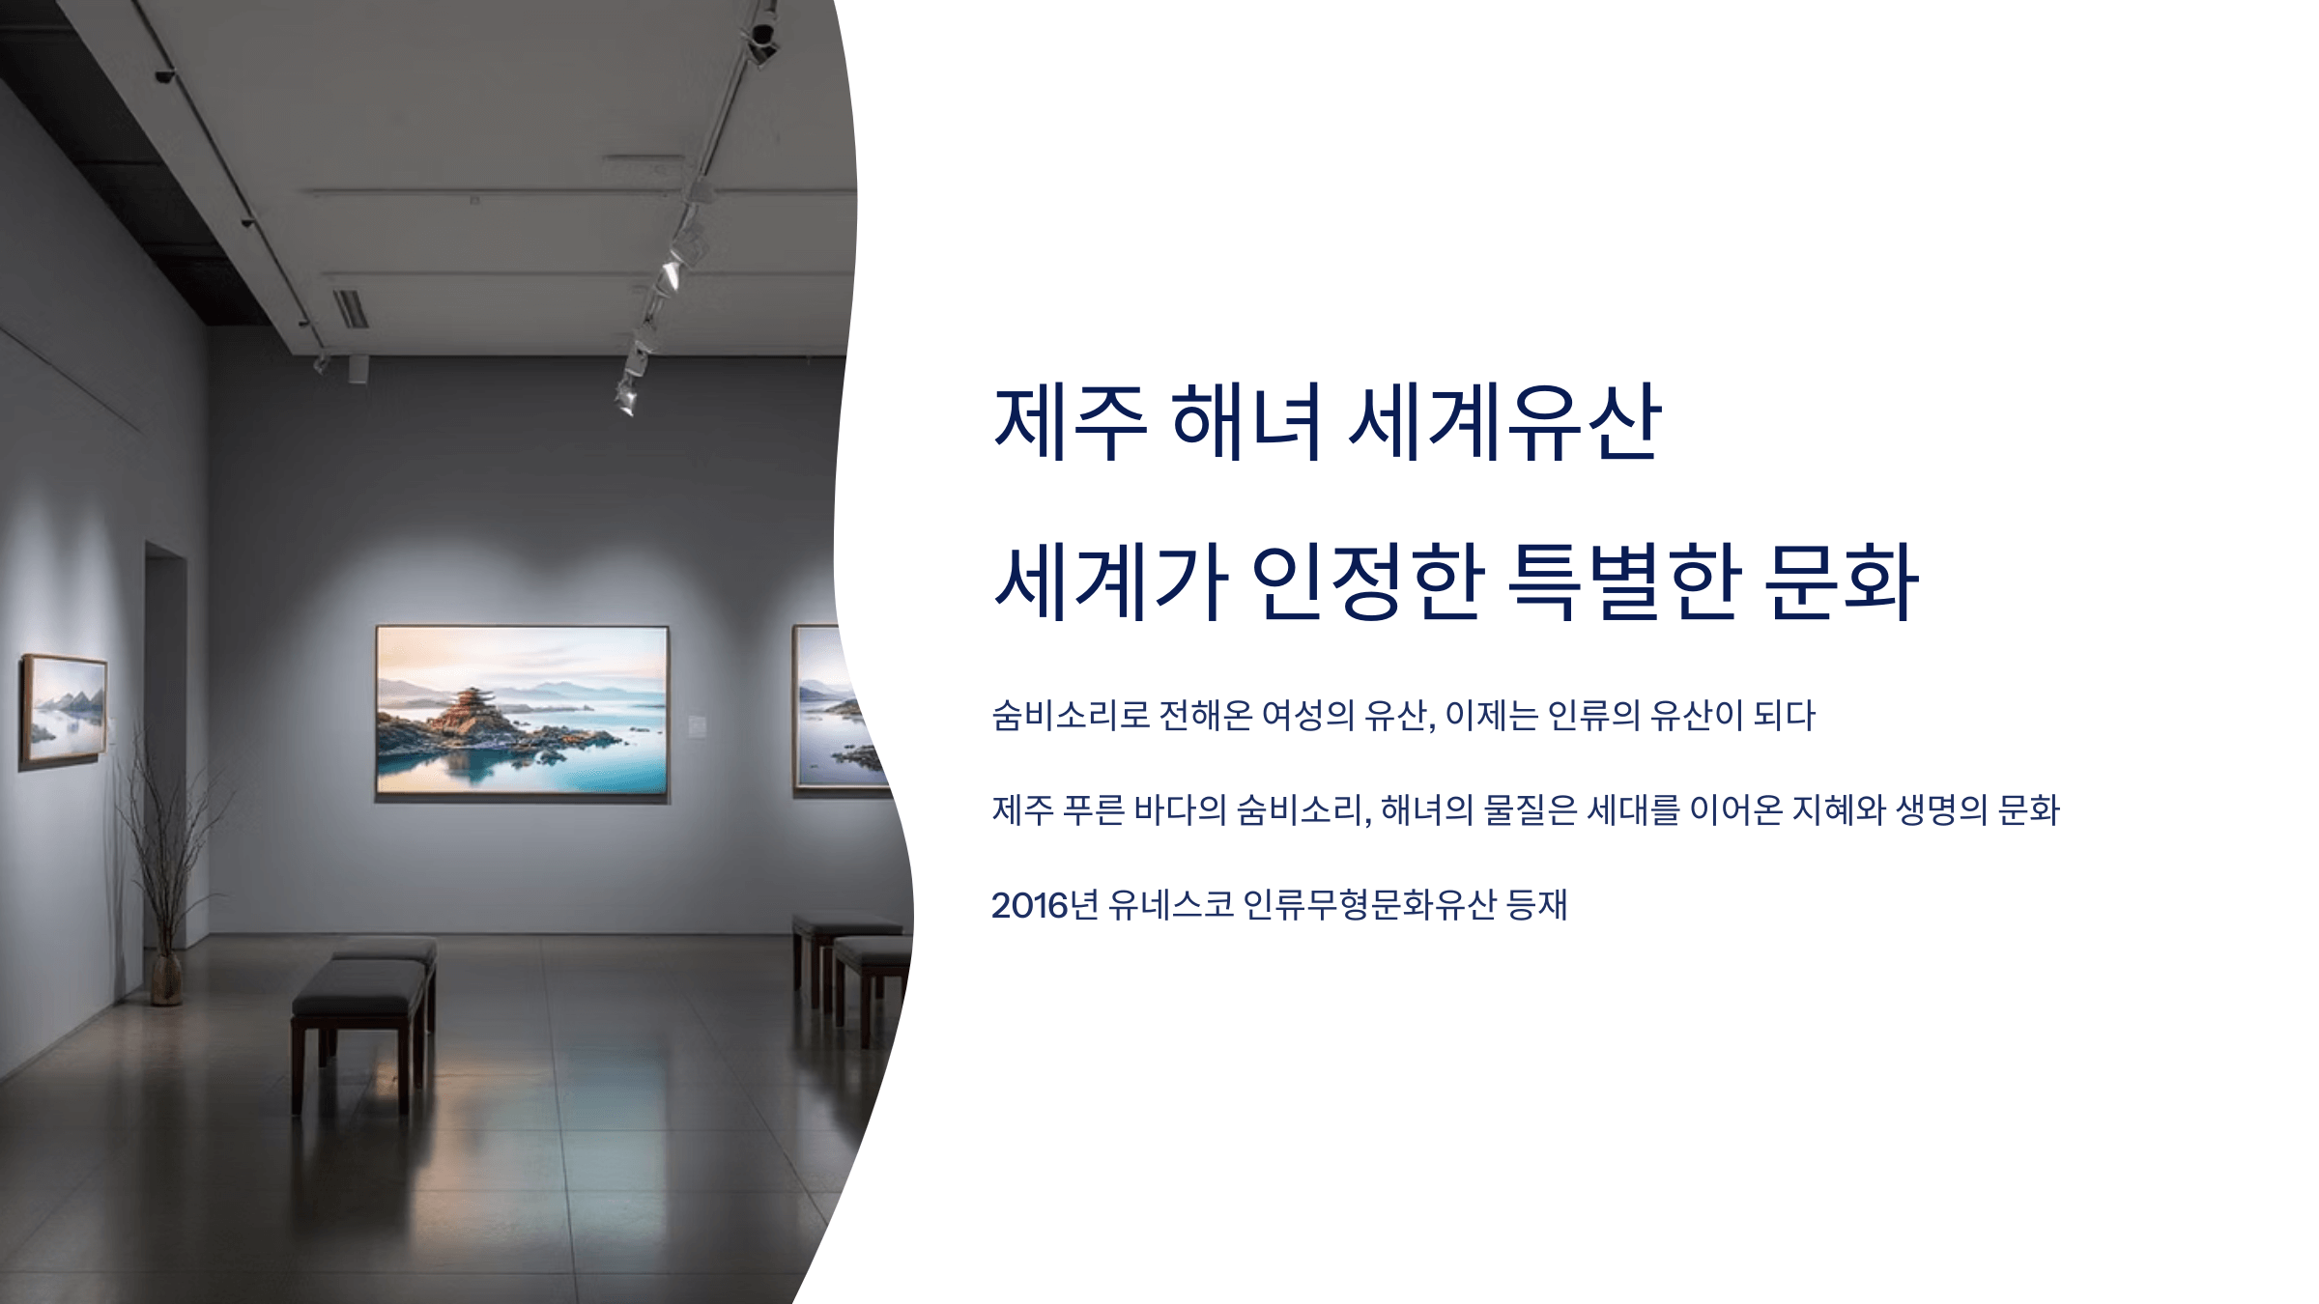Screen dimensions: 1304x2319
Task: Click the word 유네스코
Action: click(1171, 905)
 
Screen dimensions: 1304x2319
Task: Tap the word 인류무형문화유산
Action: click(1369, 905)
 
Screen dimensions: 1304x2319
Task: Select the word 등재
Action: click(1536, 905)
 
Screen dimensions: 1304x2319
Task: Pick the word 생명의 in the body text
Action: click(1941, 809)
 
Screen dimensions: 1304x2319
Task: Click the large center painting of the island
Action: click(522, 712)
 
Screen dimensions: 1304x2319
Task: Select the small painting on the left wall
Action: click(65, 710)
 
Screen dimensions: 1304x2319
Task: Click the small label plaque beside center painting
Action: click(697, 725)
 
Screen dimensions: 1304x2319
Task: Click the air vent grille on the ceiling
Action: click(351, 308)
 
